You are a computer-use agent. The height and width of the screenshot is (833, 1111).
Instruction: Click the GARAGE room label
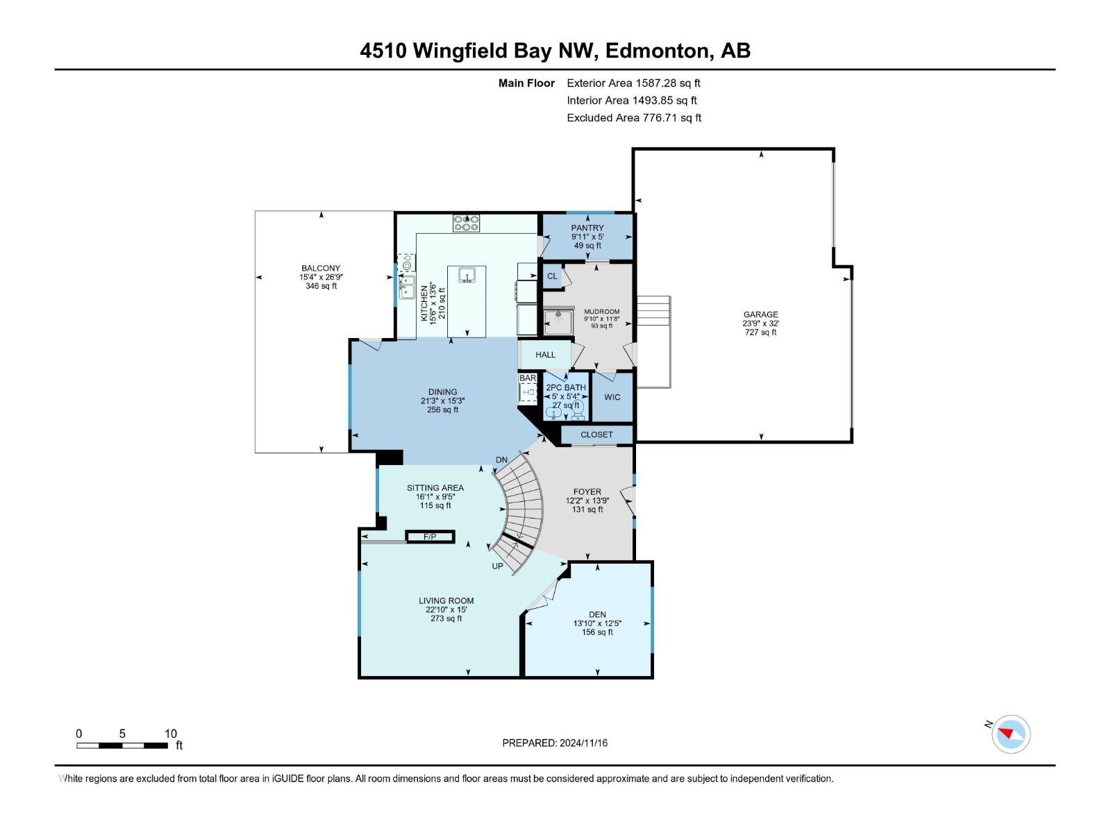tap(760, 314)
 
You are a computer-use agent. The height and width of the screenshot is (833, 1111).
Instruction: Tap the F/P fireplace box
tap(430, 537)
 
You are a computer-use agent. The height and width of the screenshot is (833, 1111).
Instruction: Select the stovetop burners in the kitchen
tap(467, 224)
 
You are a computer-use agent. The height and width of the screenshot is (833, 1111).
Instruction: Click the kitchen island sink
tap(467, 276)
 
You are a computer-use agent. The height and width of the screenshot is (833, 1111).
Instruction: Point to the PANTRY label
tap(587, 228)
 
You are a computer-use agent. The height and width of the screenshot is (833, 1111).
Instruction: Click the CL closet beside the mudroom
tap(552, 276)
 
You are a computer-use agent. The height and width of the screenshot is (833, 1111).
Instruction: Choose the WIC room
tap(612, 397)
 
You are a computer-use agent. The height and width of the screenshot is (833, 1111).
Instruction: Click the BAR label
tap(528, 378)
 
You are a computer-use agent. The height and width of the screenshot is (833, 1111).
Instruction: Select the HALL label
tap(545, 355)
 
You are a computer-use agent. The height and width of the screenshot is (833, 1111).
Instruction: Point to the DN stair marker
tap(501, 460)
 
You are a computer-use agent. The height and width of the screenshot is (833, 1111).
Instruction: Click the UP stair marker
tap(497, 566)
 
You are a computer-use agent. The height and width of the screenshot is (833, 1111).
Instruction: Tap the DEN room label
tap(597, 614)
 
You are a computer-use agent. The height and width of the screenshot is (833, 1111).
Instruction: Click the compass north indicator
tap(1005, 732)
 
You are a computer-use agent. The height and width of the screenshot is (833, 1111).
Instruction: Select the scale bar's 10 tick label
tap(170, 734)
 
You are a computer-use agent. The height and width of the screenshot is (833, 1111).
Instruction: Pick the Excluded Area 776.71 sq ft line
tap(633, 118)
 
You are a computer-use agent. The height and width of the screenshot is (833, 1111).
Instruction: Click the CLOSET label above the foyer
tap(596, 435)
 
